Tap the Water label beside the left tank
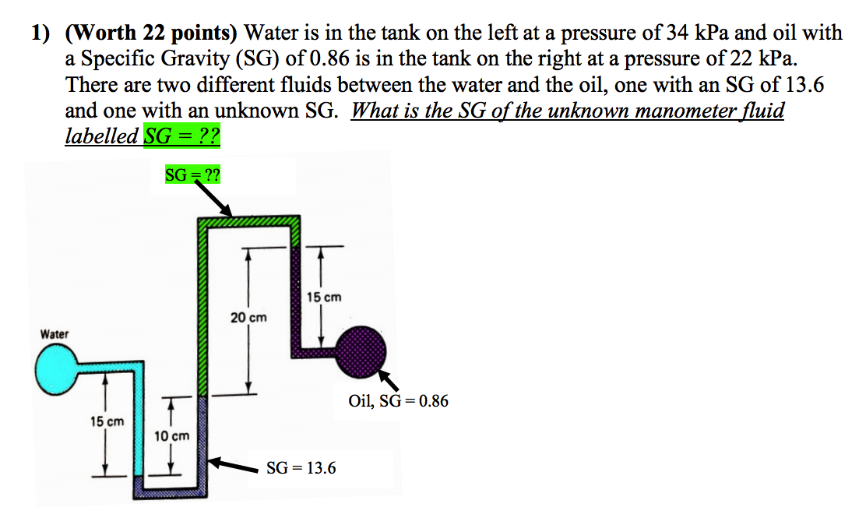55,334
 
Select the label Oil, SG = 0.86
399,402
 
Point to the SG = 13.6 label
301,468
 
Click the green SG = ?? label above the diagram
192,174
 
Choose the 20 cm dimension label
248,317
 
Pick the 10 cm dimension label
171,436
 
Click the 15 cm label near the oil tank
324,297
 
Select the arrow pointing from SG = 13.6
236,466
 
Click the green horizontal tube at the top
249,221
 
